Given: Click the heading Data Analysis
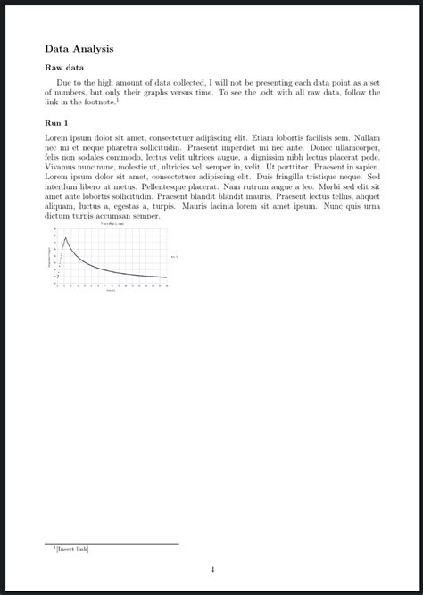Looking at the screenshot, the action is pos(79,49).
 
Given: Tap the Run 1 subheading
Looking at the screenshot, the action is pos(56,122).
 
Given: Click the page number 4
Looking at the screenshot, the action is pos(212,569).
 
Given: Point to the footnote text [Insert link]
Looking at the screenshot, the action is pos(72,549).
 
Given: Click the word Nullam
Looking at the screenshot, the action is pos(368,138).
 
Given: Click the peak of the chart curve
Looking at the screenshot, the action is pos(66,237).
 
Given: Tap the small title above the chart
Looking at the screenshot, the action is pos(112,223).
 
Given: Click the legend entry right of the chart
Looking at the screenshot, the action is pos(175,257).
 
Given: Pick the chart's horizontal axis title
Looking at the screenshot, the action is pos(112,291).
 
